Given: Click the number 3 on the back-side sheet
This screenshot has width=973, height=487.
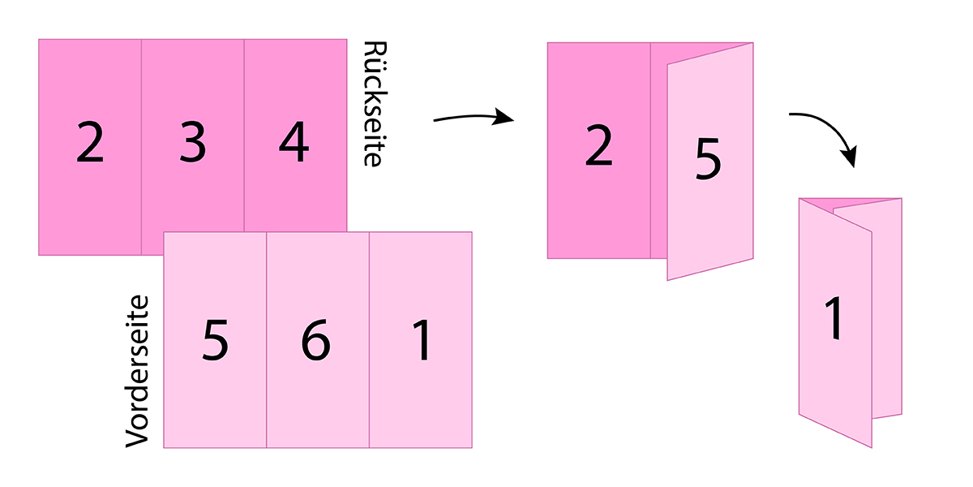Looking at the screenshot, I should point(193,144).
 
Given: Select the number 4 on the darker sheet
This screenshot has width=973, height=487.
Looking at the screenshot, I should point(294,144).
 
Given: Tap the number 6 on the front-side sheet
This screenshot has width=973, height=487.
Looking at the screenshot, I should point(315,341).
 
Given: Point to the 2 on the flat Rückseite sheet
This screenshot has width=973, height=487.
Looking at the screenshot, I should point(90,144).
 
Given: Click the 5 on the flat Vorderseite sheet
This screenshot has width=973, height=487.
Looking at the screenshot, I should point(215,341).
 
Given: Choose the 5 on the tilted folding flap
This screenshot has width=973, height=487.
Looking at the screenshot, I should point(707,159).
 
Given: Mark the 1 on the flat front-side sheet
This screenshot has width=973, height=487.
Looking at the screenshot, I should point(420,341).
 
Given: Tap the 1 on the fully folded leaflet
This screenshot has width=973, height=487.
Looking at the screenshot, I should point(835,319).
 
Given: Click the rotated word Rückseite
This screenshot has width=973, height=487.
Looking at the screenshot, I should point(371,104).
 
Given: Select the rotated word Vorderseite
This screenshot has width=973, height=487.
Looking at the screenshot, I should point(139,370).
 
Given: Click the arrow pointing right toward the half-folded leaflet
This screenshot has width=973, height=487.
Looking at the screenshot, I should point(474,119).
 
